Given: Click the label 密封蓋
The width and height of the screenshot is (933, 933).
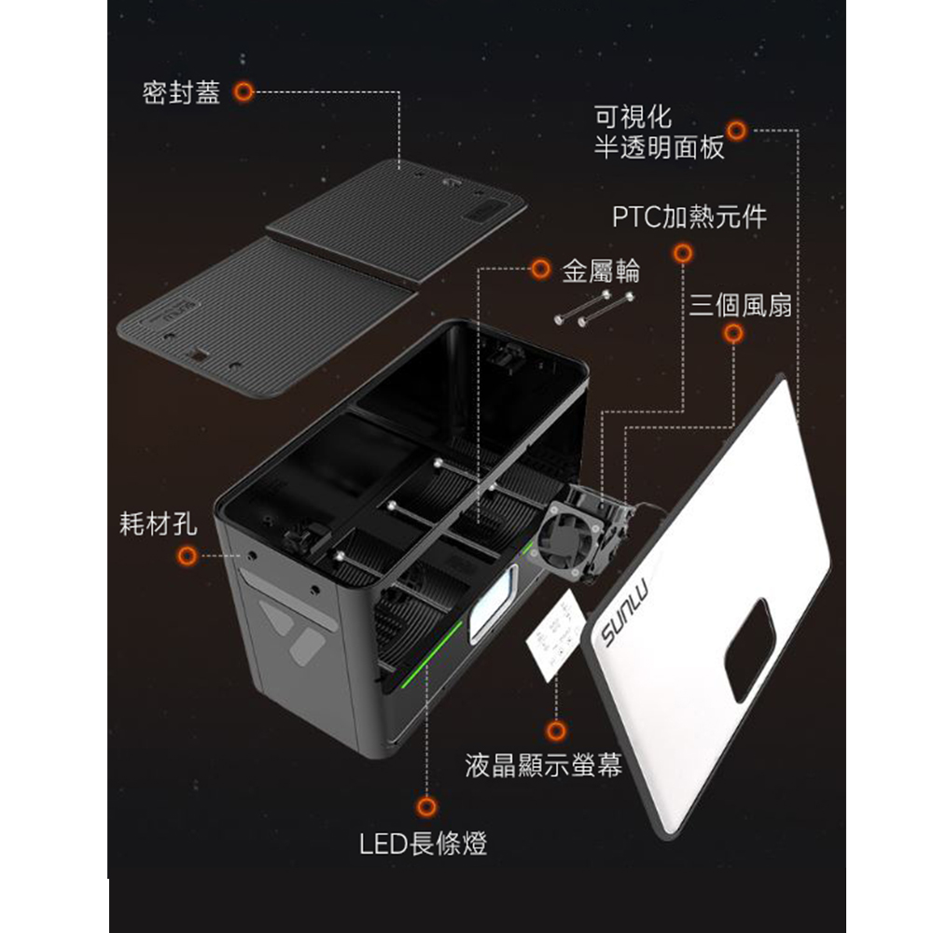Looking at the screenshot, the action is click(x=182, y=92).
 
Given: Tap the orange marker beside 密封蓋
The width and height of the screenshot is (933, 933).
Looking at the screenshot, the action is click(x=244, y=91).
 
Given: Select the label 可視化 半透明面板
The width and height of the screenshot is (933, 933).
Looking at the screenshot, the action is click(x=659, y=132).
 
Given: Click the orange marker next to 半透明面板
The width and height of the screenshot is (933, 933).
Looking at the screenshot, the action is click(x=737, y=131).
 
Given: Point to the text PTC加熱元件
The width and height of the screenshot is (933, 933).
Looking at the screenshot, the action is click(x=689, y=216).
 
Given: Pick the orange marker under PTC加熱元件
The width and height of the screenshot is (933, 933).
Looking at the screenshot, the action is click(x=683, y=254).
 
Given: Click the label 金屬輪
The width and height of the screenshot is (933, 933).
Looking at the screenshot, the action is click(x=600, y=271).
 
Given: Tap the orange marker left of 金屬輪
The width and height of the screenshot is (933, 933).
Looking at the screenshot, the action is click(x=540, y=269).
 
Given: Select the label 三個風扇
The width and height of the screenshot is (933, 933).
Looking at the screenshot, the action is click(x=741, y=306).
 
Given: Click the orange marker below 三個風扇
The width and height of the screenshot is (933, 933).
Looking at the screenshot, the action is click(x=733, y=333).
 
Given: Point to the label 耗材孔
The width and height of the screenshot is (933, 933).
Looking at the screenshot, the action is click(x=158, y=523).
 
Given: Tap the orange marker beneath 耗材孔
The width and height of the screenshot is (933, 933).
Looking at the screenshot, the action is click(x=187, y=556).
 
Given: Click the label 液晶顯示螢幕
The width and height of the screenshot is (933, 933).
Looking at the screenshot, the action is click(x=543, y=765).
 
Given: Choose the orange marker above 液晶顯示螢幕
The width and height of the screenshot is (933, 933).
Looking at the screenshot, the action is click(x=556, y=731).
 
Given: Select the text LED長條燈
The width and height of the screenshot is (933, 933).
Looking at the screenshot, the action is click(x=423, y=843).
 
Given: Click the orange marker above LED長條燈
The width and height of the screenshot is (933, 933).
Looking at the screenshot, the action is click(x=426, y=807).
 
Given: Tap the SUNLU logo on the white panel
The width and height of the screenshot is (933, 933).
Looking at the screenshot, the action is click(x=624, y=611).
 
